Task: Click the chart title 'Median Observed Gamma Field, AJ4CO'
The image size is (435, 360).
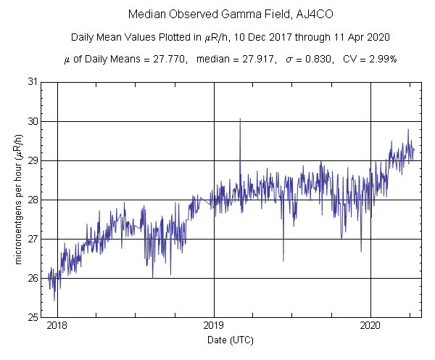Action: (x=216, y=15)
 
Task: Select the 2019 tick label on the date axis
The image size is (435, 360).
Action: (x=214, y=327)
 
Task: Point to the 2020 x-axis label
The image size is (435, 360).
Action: (x=371, y=327)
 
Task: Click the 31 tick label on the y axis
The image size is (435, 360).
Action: (x=33, y=82)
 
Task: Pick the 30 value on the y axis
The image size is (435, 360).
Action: (x=33, y=121)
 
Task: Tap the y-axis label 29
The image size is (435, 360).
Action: (x=33, y=160)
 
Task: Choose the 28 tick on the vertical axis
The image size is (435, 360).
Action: (x=33, y=200)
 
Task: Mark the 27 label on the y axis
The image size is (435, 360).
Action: (x=33, y=239)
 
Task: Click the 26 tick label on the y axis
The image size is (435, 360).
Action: (x=33, y=278)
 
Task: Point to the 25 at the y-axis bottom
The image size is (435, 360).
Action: (x=33, y=317)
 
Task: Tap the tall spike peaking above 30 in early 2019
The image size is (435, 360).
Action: (x=240, y=120)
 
